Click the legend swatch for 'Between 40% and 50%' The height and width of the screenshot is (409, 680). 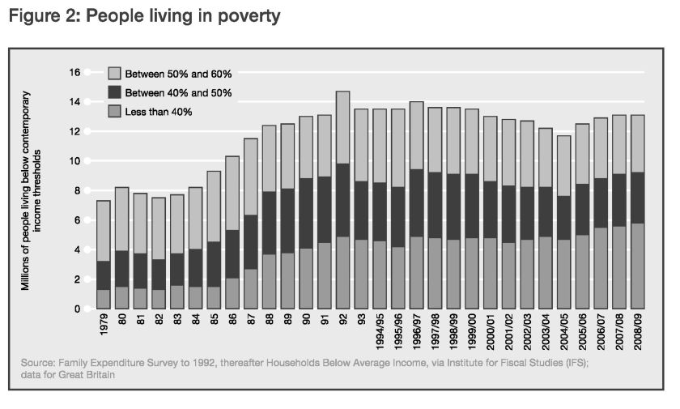(x=113, y=93)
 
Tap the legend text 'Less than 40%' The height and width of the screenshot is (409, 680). (x=158, y=112)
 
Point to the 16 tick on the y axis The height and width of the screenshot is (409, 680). (x=74, y=73)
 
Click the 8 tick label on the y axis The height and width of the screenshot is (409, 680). (x=77, y=191)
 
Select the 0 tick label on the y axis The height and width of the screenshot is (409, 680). (x=77, y=309)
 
